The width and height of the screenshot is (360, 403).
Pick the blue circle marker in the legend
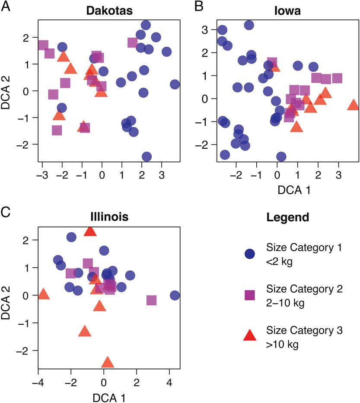click(249, 254)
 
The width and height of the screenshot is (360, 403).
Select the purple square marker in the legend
click(249, 295)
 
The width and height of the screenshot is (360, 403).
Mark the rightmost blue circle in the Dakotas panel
click(175, 84)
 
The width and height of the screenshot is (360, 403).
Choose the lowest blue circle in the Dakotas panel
click(147, 157)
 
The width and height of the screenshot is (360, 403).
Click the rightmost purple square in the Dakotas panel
click(133, 42)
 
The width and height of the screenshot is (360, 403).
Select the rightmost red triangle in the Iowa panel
click(353, 105)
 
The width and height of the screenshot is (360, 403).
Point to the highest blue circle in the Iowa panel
click(249, 25)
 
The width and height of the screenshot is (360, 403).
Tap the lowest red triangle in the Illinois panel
click(108, 362)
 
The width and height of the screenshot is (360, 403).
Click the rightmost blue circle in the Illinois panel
click(175, 295)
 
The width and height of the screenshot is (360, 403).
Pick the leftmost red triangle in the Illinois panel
click(44, 295)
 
